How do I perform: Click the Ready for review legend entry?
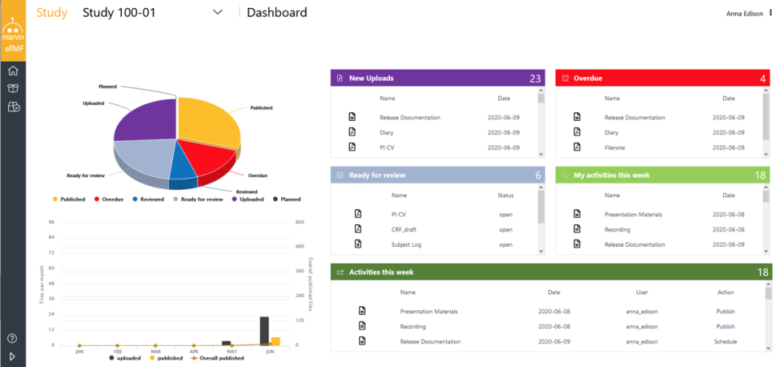[198, 199]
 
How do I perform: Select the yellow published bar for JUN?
[275, 341]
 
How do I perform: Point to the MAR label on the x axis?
[155, 352]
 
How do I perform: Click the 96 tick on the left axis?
[50, 222]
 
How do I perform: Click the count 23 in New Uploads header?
[535, 79]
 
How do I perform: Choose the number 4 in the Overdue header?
[763, 79]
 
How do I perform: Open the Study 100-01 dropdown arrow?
[217, 12]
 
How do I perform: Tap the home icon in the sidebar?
[13, 71]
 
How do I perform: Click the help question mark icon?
[13, 338]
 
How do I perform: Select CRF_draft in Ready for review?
[404, 229]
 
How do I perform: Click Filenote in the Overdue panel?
[615, 147]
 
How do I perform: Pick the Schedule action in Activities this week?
[726, 342]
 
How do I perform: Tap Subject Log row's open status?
[505, 244]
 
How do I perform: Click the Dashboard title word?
[277, 12]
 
